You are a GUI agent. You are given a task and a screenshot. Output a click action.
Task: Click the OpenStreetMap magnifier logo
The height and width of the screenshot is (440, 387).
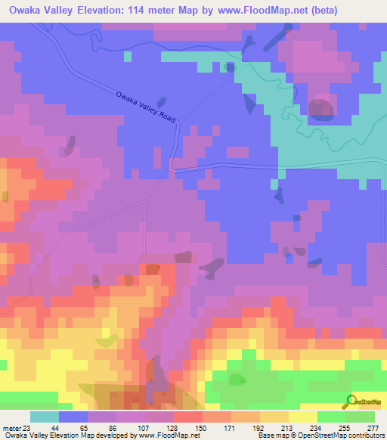351,401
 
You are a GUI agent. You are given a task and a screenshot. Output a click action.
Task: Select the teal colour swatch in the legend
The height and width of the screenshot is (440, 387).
44,417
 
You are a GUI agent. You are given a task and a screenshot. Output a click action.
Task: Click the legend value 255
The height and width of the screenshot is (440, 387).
345,428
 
